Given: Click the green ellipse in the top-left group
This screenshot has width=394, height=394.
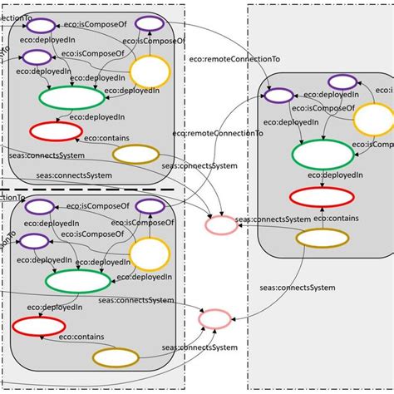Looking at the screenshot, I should click(71, 97).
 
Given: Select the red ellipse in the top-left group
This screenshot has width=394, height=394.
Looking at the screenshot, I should click(56, 131).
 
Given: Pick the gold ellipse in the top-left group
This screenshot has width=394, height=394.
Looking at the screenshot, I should click(135, 154).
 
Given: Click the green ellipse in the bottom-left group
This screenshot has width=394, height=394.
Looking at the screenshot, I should click(77, 281).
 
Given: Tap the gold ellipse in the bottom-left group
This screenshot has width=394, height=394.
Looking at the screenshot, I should click(115, 357).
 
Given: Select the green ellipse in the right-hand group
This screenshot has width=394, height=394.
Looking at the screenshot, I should click(322, 155).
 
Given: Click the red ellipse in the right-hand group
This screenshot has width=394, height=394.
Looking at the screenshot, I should click(318, 198).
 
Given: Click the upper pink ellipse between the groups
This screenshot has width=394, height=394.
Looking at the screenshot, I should click(221, 224).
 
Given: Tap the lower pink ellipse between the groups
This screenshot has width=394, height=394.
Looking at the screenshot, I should click(214, 319).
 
